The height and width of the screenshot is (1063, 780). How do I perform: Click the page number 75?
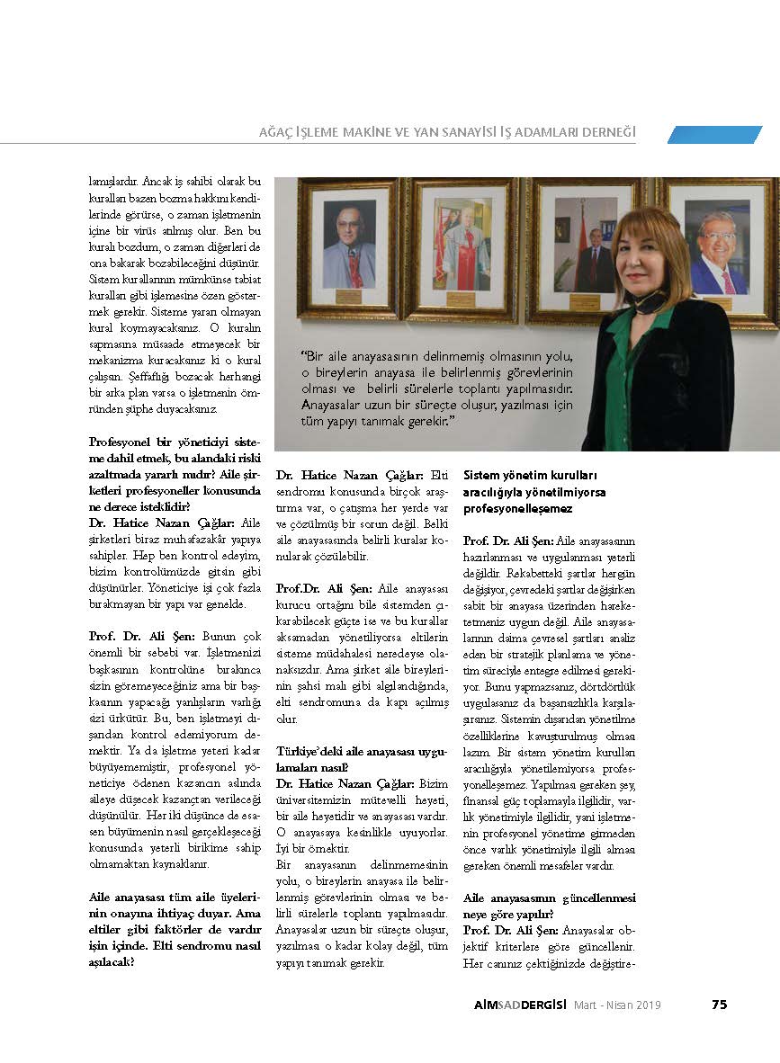(x=719, y=1005)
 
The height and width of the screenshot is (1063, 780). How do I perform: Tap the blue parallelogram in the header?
(x=714, y=134)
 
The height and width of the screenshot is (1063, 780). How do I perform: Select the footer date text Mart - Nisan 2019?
(x=617, y=1005)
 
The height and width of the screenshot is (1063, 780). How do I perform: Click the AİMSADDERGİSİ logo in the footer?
(x=507, y=1005)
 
